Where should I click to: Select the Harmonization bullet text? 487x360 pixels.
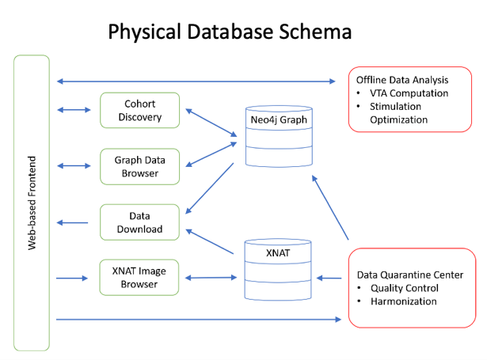point(404,301)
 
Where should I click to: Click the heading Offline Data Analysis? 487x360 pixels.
point(401,80)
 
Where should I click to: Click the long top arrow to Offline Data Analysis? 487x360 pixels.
point(198,81)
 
